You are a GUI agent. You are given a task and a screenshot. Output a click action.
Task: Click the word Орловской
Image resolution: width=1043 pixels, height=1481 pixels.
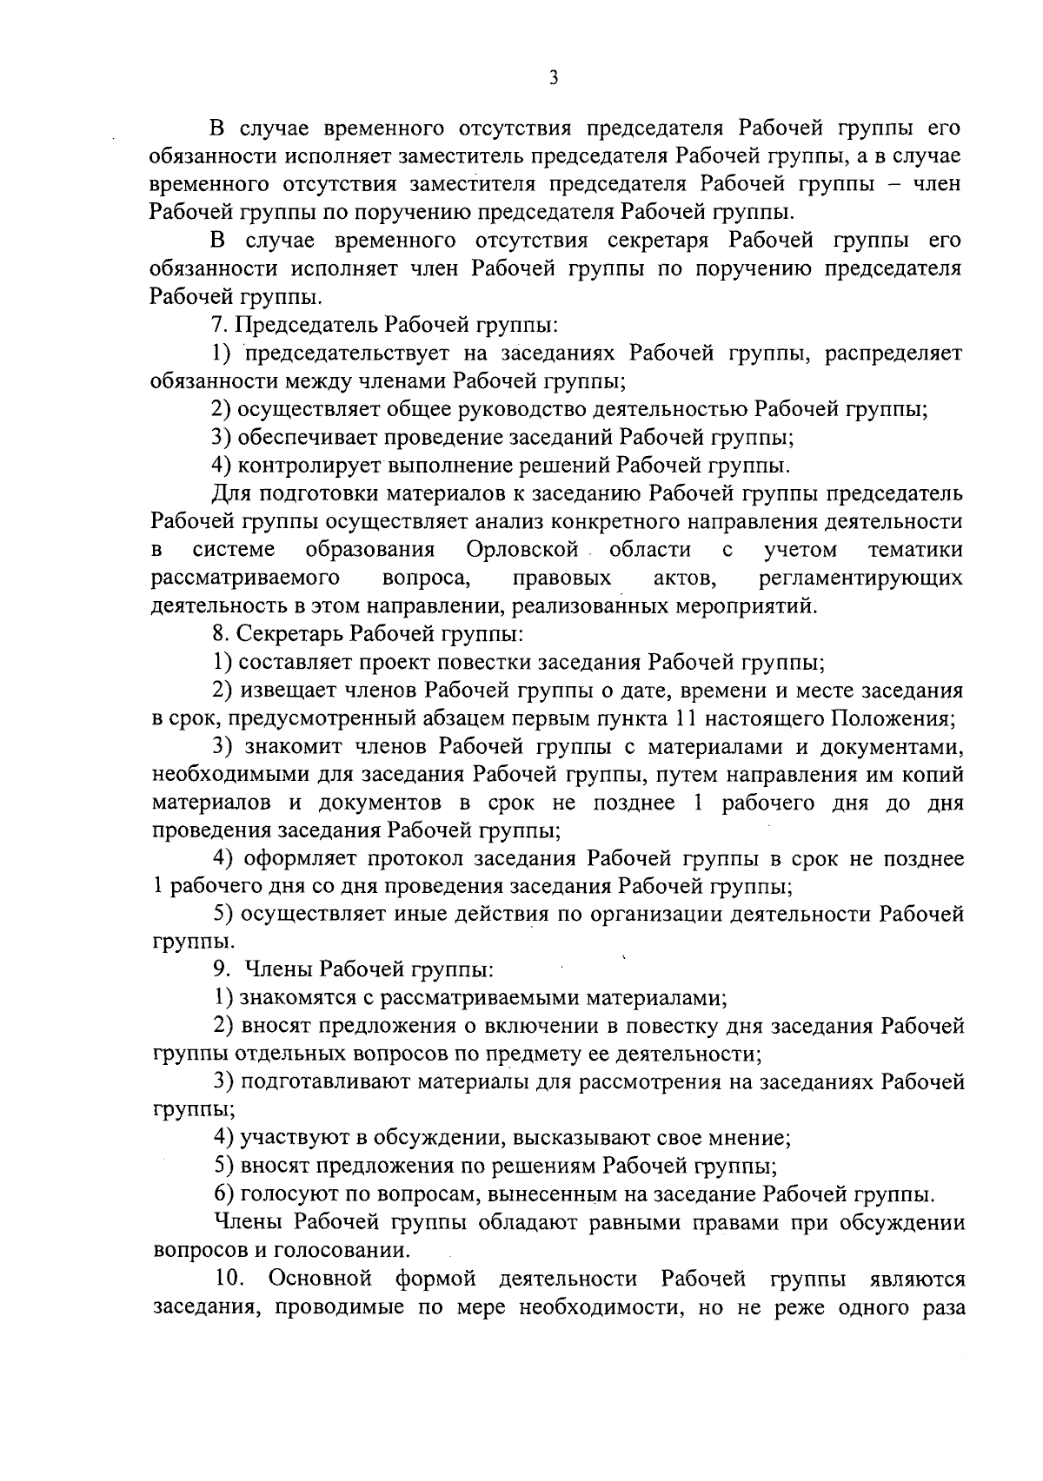521,550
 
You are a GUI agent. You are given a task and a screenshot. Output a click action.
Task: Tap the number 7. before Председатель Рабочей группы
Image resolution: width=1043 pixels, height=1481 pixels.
219,325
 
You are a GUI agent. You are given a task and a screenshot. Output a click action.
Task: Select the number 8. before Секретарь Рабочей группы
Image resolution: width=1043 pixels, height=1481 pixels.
219,634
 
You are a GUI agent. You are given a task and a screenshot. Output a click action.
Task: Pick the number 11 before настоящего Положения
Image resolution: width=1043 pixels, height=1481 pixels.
684,719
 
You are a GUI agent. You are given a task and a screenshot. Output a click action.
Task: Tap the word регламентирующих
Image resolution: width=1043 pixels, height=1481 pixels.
860,579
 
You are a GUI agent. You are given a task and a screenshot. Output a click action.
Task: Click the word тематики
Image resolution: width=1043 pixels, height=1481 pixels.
914,550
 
